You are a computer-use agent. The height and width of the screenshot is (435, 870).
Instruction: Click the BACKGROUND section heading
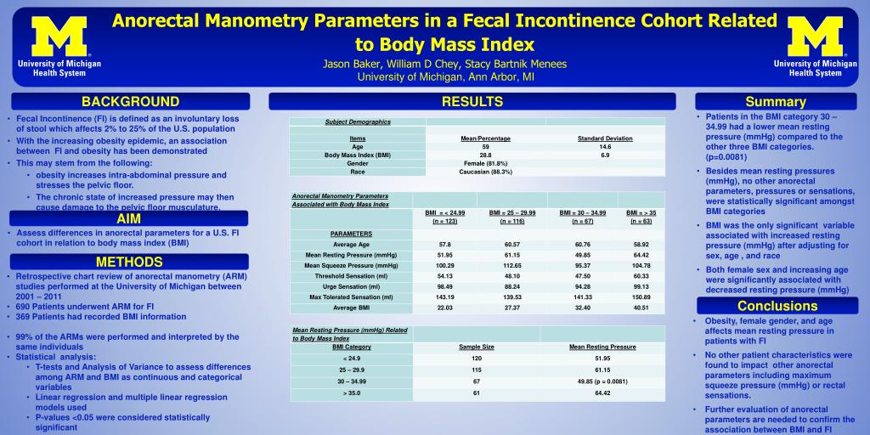point(130,102)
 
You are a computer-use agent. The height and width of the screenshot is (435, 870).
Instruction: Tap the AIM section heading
point(129,218)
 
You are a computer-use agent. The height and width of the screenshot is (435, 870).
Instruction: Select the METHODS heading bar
point(129,262)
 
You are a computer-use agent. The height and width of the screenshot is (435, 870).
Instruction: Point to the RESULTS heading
point(472,102)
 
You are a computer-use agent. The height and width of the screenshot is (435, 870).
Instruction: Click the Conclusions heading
point(777,306)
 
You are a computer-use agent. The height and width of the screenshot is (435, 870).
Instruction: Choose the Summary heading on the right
point(776,102)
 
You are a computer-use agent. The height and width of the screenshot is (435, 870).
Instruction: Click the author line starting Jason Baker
point(444,64)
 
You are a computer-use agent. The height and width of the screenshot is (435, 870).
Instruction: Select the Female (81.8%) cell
point(485,163)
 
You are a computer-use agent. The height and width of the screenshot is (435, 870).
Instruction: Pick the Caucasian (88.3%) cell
point(485,172)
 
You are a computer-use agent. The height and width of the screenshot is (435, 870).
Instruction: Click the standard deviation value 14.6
point(605,147)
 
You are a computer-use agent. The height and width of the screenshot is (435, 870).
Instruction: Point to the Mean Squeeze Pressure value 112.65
point(511,265)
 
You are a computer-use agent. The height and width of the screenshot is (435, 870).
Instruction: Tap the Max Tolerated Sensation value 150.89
point(641,297)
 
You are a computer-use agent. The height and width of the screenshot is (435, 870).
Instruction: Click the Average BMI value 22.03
point(445,308)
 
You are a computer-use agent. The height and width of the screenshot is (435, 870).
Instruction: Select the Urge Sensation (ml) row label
point(351,286)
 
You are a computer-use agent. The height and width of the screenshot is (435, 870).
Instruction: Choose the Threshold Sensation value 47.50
point(582,276)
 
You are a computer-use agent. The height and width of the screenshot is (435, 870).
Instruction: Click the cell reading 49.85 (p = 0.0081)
point(602,381)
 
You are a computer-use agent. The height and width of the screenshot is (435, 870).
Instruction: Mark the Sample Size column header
point(477,347)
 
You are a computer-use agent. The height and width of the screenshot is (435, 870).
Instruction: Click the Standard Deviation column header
point(605,138)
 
